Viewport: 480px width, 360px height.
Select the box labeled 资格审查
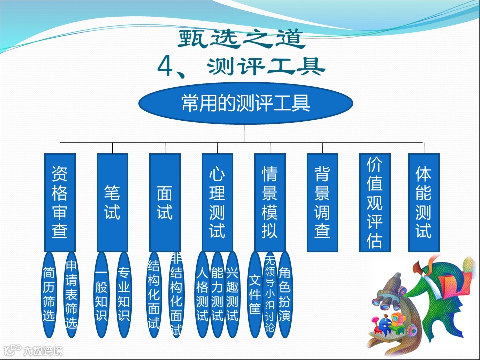click(x=60, y=202)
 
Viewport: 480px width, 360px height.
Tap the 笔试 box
click(x=112, y=202)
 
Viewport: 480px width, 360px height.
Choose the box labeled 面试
click(x=165, y=202)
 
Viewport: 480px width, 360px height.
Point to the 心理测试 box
click(x=217, y=202)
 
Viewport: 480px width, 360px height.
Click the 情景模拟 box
click(x=270, y=202)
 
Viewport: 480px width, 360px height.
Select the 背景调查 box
click(x=322, y=202)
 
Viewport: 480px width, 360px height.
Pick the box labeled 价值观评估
click(x=375, y=202)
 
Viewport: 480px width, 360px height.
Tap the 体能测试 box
click(x=423, y=202)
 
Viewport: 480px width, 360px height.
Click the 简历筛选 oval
click(x=49, y=295)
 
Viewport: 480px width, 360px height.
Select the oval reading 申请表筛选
click(x=71, y=295)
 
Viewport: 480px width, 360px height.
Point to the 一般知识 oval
click(x=101, y=295)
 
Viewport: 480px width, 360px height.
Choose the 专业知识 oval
click(x=124, y=295)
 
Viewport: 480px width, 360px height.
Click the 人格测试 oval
click(x=202, y=295)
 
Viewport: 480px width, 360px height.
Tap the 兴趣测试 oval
click(x=232, y=295)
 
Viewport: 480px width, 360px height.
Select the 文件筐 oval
click(x=255, y=295)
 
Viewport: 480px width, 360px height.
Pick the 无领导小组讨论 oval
click(x=270, y=295)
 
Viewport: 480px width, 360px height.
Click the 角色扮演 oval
click(x=285, y=295)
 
